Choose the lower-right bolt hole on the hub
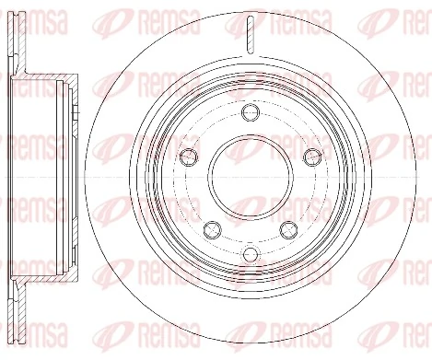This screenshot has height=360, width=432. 288,228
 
